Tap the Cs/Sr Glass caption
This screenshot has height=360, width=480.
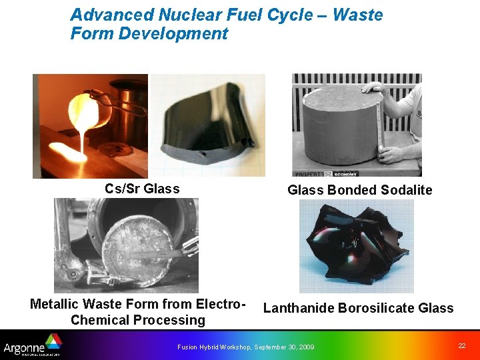coord(142,189)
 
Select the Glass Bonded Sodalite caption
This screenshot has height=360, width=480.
coord(359,190)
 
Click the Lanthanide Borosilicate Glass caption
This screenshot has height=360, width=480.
coord(358,308)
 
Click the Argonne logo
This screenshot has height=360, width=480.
coord(32,346)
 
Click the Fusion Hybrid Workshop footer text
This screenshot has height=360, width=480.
coord(245,347)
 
